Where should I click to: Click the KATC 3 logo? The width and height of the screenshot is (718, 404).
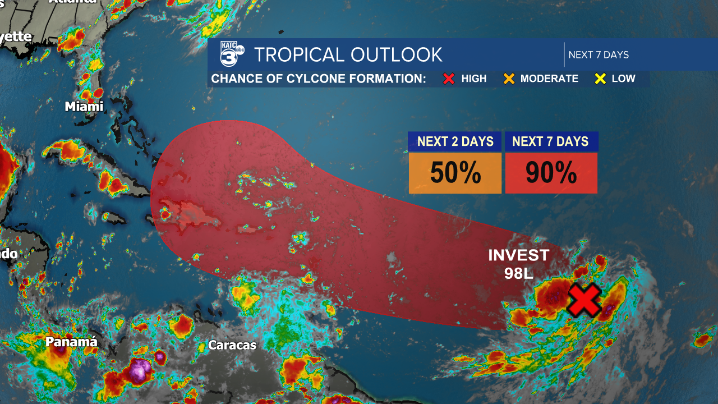coord(231,54)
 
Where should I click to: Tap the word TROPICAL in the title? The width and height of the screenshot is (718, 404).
coord(299,55)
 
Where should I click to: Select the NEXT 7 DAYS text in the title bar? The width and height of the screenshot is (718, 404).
coord(599,55)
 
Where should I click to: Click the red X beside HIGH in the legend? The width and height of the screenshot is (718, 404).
coord(449,79)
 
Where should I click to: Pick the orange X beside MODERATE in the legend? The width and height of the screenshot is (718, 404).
coord(509,79)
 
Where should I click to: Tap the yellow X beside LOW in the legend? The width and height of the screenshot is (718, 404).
coord(600,79)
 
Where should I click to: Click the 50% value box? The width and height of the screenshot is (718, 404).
coord(455,173)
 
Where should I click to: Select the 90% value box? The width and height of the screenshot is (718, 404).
coord(551,173)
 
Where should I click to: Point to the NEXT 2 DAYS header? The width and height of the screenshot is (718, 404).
coord(455,141)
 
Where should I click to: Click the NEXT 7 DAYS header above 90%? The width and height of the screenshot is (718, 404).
coord(551,141)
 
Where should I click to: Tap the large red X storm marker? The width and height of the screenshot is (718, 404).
coord(584,300)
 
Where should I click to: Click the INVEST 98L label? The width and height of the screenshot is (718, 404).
coord(518,264)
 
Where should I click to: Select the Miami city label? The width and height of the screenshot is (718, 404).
coord(84,107)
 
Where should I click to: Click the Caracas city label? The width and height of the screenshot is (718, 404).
coord(232,345)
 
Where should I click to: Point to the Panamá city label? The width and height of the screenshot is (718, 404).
coord(71,342)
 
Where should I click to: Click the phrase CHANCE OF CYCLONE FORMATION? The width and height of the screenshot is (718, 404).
coord(319,79)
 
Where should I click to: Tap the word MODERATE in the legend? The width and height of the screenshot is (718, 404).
coord(549,79)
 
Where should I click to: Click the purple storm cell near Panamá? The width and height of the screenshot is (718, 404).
coord(140,370)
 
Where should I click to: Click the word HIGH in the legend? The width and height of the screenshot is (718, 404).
coord(474,79)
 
